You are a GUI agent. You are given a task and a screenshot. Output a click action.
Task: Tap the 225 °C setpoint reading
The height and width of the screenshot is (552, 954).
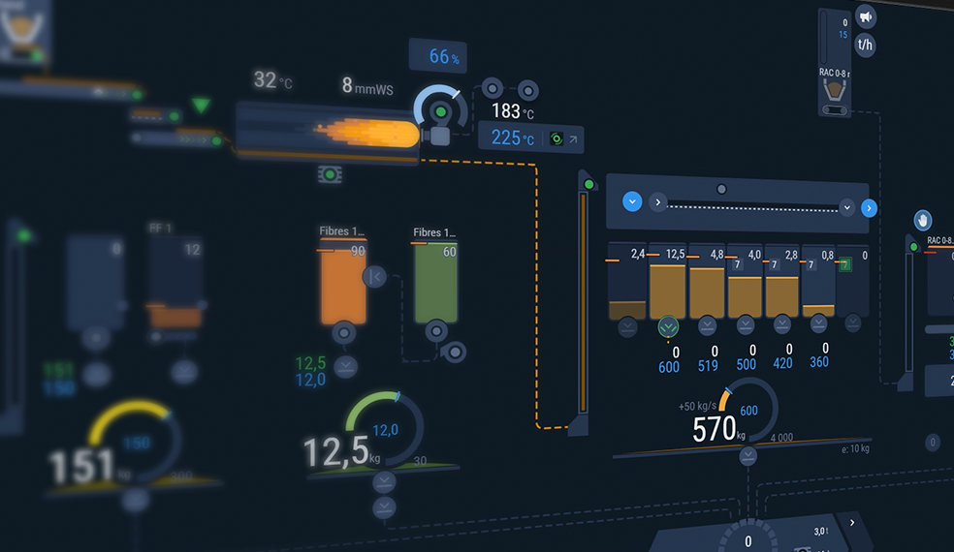tap(512, 138)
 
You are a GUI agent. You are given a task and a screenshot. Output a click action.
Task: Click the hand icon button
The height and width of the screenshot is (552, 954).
tap(923, 220)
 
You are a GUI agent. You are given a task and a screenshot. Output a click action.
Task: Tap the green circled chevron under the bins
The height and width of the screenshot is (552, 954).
tap(668, 326)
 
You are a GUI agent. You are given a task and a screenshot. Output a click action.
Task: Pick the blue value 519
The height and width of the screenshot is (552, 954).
tap(708, 365)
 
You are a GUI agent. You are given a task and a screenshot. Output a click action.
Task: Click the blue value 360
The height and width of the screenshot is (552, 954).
tap(819, 362)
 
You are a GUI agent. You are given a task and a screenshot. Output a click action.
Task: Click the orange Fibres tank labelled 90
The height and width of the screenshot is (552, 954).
tap(344, 287)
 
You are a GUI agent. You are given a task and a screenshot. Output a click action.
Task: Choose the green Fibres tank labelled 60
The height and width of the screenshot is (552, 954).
tap(436, 286)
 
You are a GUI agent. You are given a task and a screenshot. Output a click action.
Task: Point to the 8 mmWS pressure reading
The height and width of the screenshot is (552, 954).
tap(367, 85)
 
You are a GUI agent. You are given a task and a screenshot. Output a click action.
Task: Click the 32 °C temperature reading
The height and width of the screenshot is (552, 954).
tap(271, 79)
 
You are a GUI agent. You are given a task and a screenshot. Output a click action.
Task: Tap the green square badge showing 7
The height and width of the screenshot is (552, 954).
tap(844, 263)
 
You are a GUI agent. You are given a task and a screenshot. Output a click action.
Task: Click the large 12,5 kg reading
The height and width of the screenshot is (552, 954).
tap(335, 451)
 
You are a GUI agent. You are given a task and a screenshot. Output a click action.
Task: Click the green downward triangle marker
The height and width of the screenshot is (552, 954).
tap(201, 105)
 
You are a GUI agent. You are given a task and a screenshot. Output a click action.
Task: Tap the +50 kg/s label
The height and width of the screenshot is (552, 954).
tap(700, 405)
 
